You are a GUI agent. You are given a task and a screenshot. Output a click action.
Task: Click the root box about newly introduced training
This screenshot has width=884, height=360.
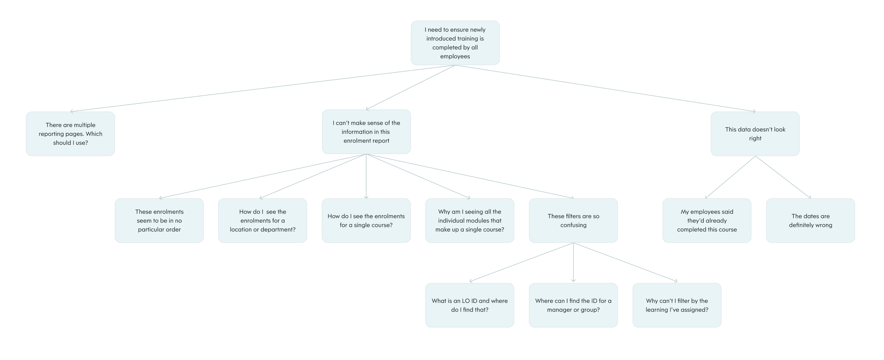click(455, 43)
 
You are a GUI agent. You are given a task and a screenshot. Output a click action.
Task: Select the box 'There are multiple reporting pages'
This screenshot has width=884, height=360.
click(70, 134)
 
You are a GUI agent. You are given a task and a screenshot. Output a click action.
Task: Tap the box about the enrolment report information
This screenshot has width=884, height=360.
click(366, 132)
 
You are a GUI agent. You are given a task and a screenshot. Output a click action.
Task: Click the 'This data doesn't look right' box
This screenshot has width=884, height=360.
click(755, 134)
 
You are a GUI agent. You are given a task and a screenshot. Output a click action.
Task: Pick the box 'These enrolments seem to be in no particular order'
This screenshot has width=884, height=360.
click(159, 221)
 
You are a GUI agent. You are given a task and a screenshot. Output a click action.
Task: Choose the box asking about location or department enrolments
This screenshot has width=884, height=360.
click(263, 221)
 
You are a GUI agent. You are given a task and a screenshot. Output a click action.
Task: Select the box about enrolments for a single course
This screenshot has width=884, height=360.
click(366, 221)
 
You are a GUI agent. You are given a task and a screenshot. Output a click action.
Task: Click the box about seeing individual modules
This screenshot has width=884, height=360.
click(470, 221)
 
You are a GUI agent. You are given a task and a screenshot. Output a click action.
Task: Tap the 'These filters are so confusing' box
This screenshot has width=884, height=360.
click(573, 221)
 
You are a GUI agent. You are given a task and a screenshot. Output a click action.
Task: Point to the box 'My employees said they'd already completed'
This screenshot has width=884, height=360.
click(707, 221)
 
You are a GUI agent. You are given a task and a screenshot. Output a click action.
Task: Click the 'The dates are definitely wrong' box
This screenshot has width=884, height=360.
click(810, 221)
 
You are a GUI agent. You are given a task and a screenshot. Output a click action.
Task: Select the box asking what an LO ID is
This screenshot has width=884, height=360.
click(470, 305)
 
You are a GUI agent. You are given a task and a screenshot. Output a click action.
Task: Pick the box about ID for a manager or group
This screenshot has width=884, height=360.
click(573, 305)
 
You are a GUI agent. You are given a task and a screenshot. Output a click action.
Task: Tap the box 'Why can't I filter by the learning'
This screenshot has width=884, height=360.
click(677, 305)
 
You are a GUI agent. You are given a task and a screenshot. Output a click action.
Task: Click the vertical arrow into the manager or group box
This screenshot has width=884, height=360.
click(573, 263)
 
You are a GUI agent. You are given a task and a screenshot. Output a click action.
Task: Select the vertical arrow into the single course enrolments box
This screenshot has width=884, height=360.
click(366, 176)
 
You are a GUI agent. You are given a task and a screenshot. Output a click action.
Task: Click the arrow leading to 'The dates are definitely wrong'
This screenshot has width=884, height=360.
click(783, 177)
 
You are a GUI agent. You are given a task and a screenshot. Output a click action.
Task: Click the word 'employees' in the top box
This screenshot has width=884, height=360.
click(455, 56)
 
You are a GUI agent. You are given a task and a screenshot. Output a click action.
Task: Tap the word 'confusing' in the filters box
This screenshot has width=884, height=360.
click(573, 225)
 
